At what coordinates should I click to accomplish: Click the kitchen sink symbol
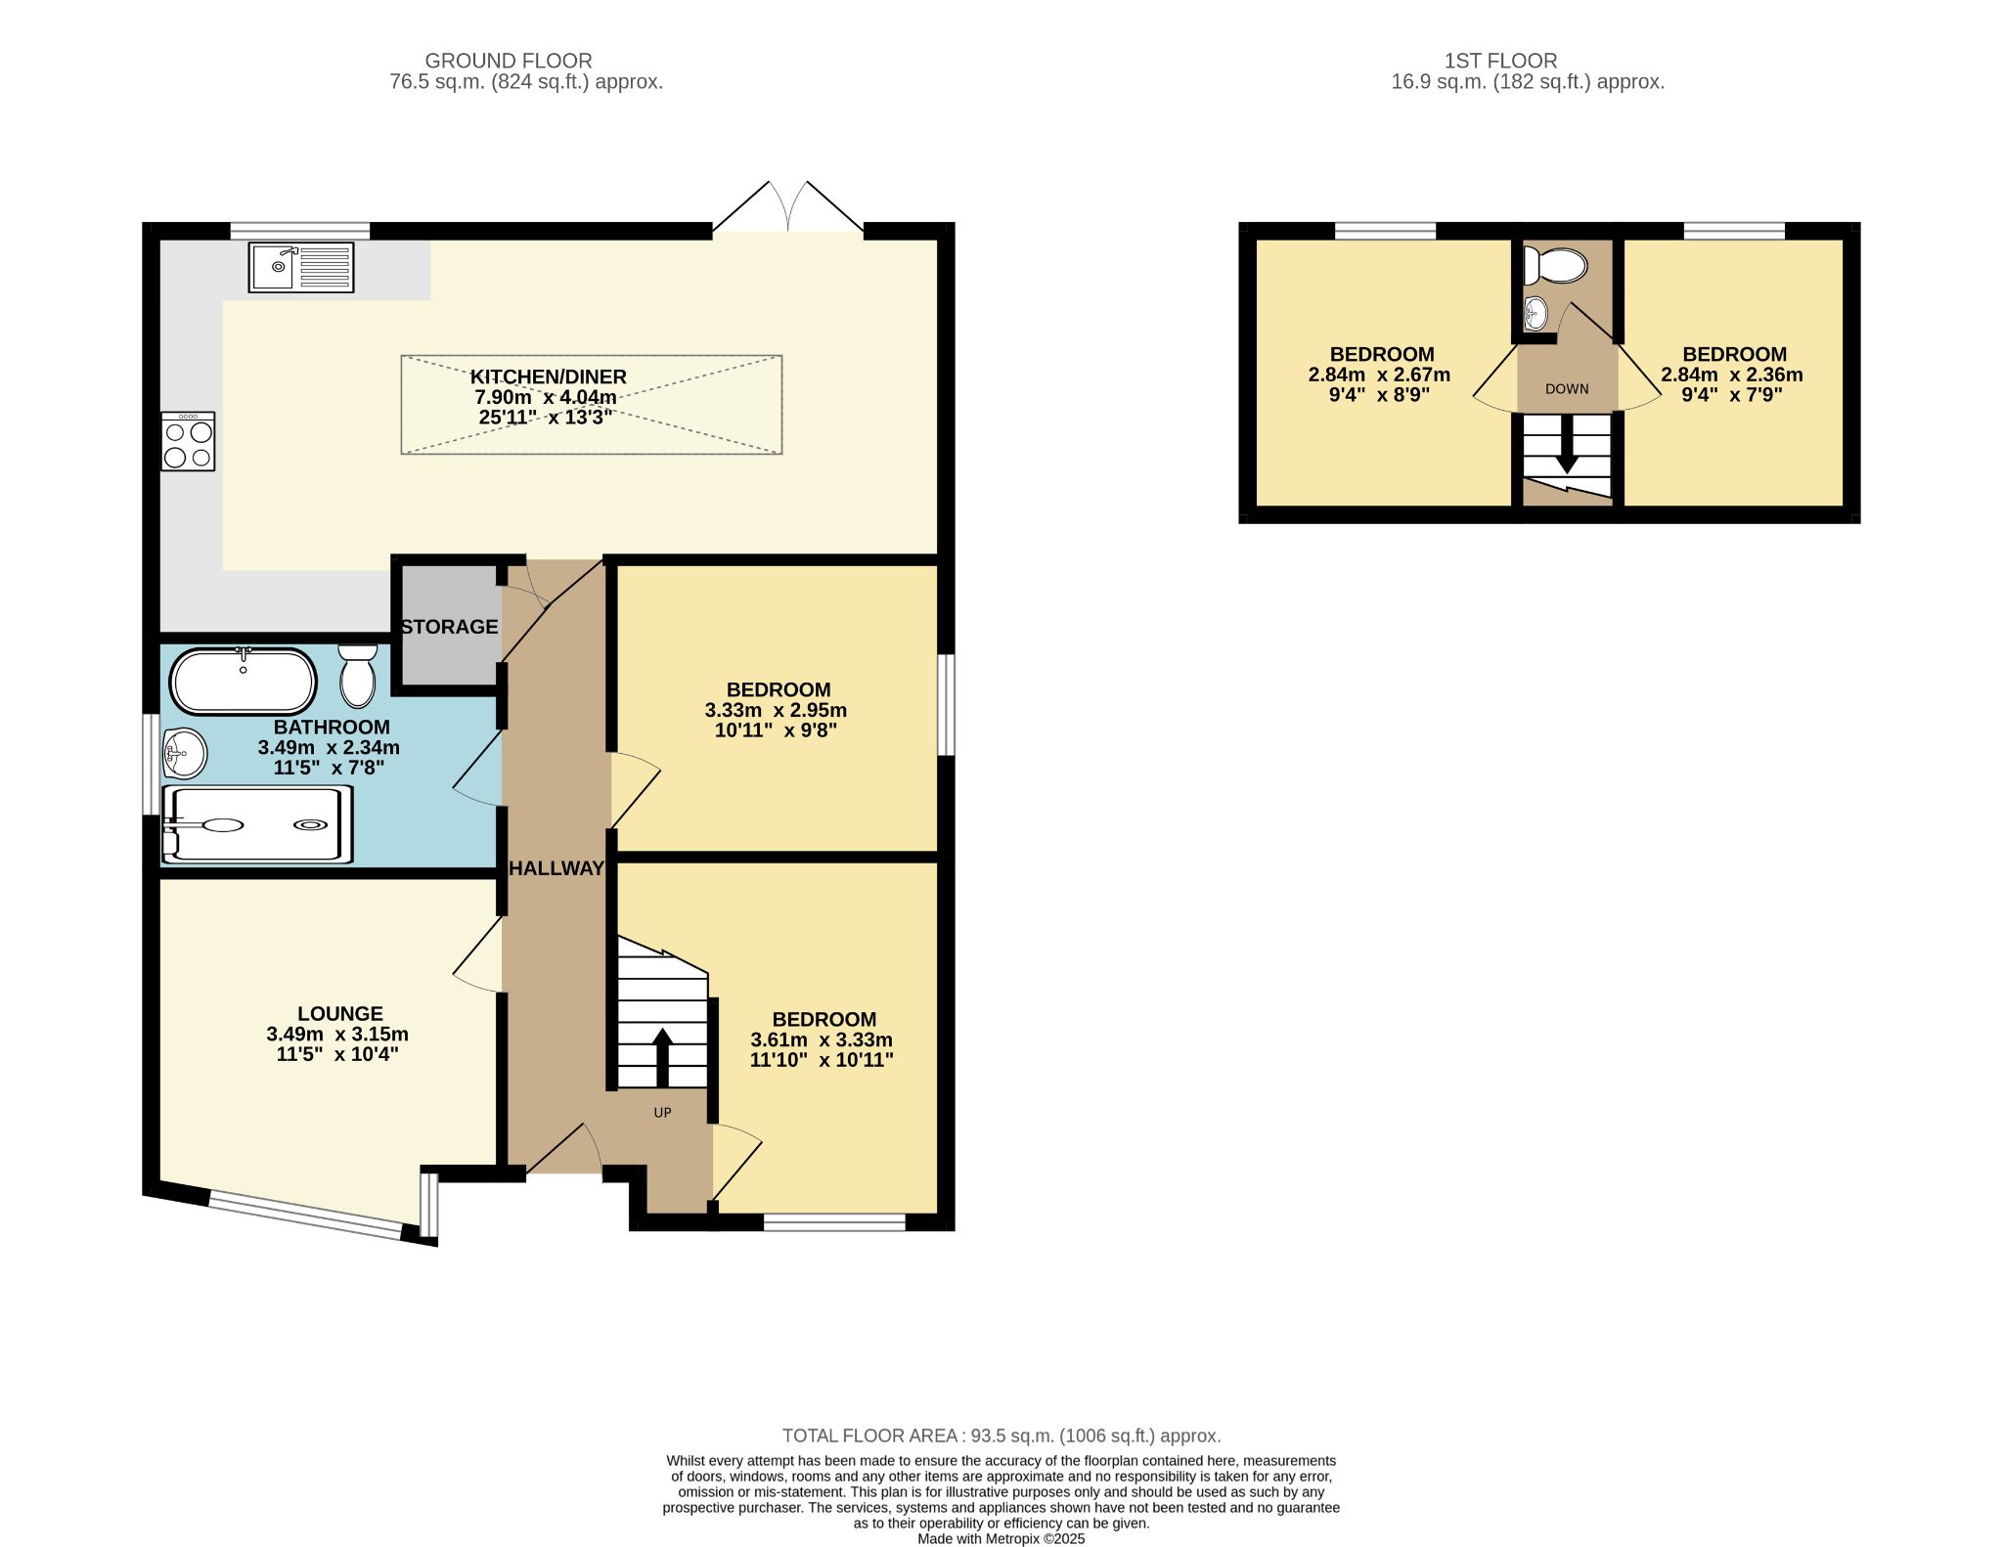coord(300,267)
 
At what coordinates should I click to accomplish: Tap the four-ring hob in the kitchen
coord(188,442)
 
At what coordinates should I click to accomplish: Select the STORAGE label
coord(449,627)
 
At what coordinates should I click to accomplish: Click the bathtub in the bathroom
coord(243,682)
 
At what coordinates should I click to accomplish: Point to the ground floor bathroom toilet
coord(358,676)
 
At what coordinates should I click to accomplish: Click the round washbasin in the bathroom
coord(184,753)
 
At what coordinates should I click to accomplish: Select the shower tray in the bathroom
coord(257,825)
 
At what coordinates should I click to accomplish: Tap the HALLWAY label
coord(556,868)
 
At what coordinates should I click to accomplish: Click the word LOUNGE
coord(339,1014)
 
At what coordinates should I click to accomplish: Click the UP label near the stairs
coord(662,1113)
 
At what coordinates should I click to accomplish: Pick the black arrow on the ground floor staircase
coord(662,1056)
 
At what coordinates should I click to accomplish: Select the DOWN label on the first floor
coord(1567,389)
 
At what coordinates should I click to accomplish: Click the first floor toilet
coord(1559,265)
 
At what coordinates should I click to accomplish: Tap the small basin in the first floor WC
coord(1536,313)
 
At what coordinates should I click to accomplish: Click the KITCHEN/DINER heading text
coord(548,376)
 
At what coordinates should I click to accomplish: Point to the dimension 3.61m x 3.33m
coord(821,1039)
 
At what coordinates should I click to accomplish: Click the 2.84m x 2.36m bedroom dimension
coord(1731,375)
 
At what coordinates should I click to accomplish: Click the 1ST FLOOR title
coord(1500,61)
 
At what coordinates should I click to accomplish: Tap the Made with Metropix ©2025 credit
coord(1001,1538)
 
